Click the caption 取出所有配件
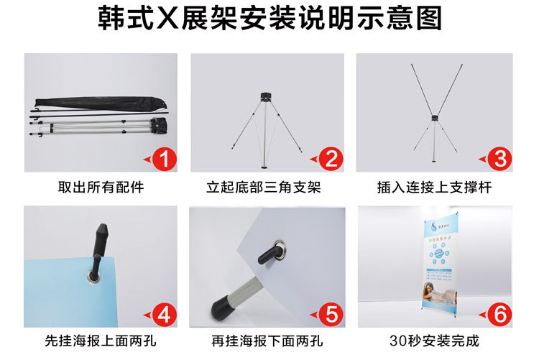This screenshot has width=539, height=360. (x=101, y=188)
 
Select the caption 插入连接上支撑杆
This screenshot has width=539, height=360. (x=434, y=188)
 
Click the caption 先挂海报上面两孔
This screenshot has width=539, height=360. (x=101, y=340)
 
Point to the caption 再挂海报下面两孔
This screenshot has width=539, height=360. (x=267, y=340)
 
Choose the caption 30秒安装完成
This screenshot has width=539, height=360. (x=434, y=340)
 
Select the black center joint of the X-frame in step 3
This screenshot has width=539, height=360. (x=434, y=117)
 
